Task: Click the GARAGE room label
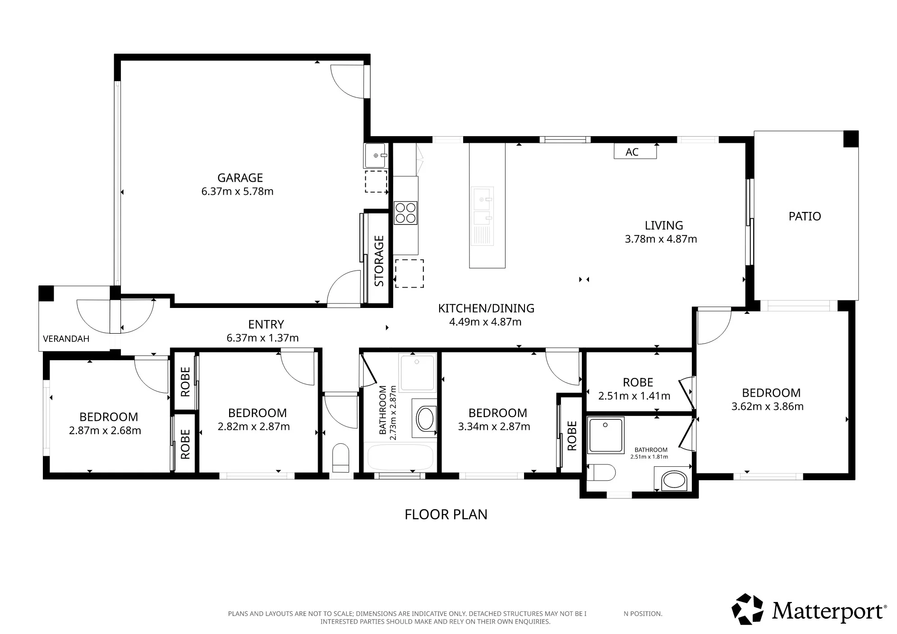click(x=240, y=178)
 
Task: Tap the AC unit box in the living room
click(x=635, y=152)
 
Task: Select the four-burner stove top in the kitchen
click(x=405, y=213)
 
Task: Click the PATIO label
click(x=805, y=216)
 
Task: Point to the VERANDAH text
click(x=66, y=339)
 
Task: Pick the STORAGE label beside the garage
click(x=379, y=261)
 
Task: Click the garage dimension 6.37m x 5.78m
click(x=237, y=191)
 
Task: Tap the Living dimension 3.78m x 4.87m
click(x=661, y=239)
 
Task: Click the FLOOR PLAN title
click(x=446, y=515)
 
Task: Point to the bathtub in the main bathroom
click(x=400, y=458)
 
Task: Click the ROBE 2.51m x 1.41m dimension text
click(x=634, y=396)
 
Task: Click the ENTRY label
click(x=266, y=324)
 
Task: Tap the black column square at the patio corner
click(x=851, y=138)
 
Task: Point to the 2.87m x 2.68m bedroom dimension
click(x=105, y=431)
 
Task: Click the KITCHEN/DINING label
click(x=486, y=308)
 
